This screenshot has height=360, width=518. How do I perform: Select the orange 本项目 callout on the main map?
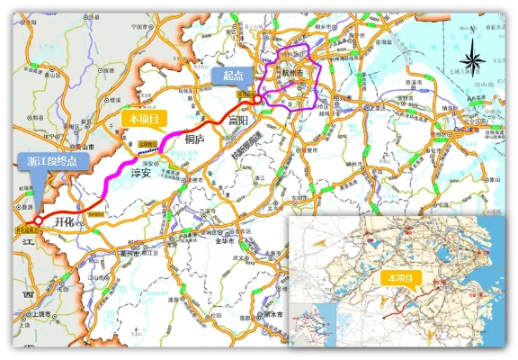point(144,117)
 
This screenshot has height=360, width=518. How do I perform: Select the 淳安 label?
point(141,172)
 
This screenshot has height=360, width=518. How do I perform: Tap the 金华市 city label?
point(219,241)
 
